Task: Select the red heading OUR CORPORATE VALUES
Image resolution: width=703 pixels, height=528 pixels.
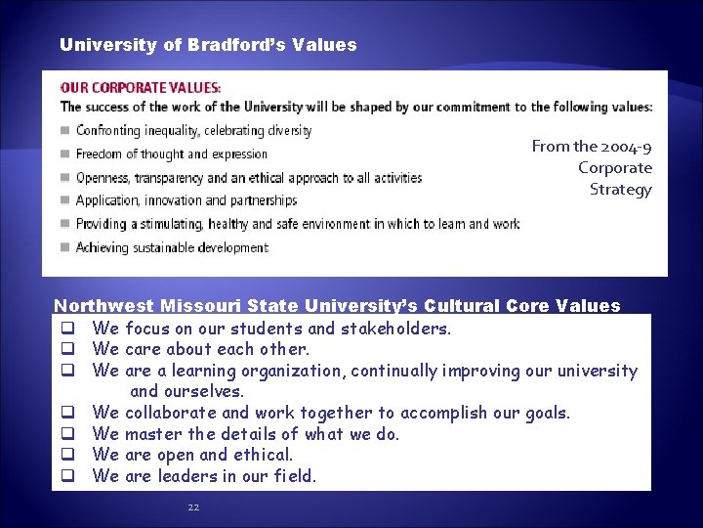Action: click(142, 87)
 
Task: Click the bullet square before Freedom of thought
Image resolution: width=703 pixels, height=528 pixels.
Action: click(65, 154)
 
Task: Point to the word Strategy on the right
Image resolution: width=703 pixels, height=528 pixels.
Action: click(620, 190)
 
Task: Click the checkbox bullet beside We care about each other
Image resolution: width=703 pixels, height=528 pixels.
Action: click(69, 349)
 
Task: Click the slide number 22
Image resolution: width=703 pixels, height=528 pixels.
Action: click(192, 506)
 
